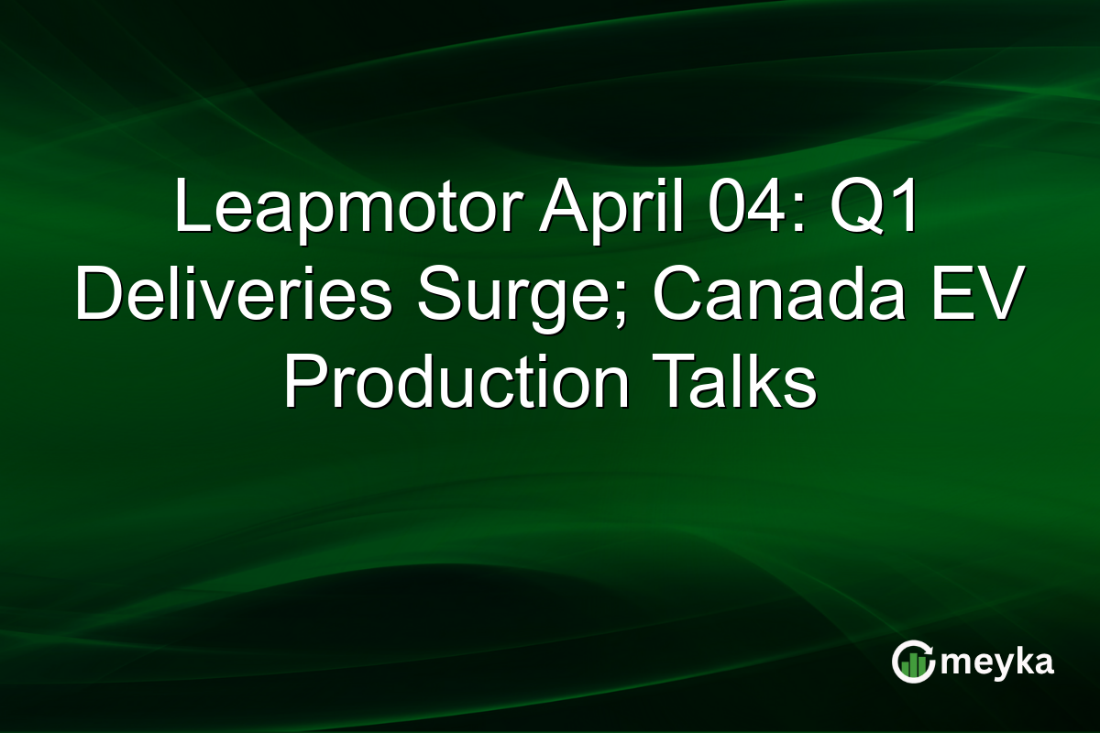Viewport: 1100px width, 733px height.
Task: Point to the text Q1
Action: pos(882,209)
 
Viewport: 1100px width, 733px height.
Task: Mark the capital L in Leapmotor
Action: pos(190,209)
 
